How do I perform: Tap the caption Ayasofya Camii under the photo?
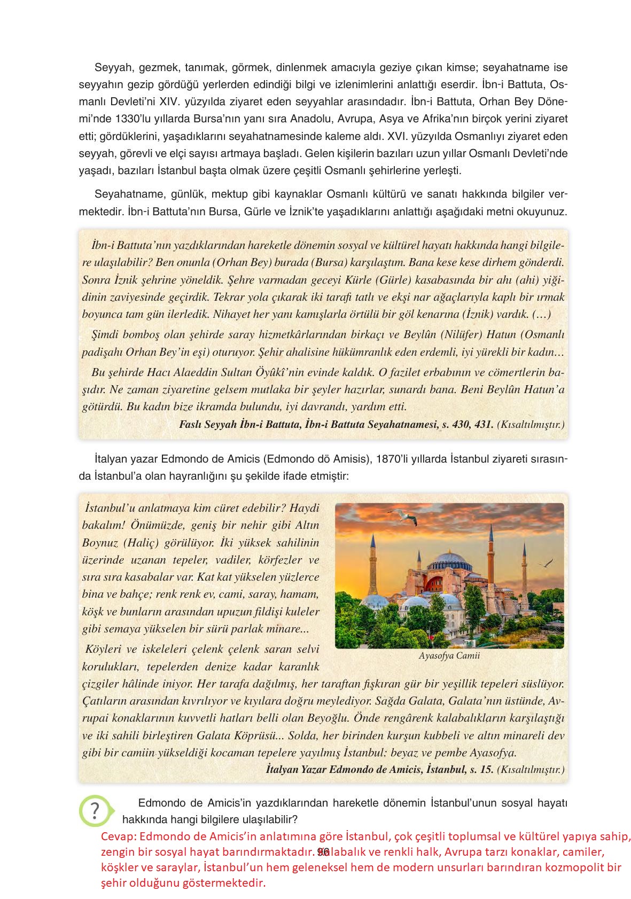pos(449,655)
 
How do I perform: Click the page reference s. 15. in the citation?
pos(480,770)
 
